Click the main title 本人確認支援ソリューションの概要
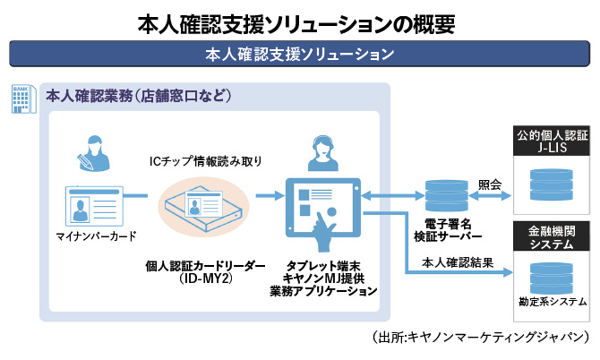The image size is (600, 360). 299,21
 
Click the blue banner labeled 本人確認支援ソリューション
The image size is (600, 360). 299,54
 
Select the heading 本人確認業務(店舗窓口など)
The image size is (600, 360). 138,96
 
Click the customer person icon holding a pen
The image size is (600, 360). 93,152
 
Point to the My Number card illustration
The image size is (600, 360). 93,206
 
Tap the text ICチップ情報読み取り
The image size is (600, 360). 207,161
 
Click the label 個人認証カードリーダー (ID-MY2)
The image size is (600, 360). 207,272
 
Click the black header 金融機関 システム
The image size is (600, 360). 551,237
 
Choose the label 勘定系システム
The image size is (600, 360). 551,302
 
